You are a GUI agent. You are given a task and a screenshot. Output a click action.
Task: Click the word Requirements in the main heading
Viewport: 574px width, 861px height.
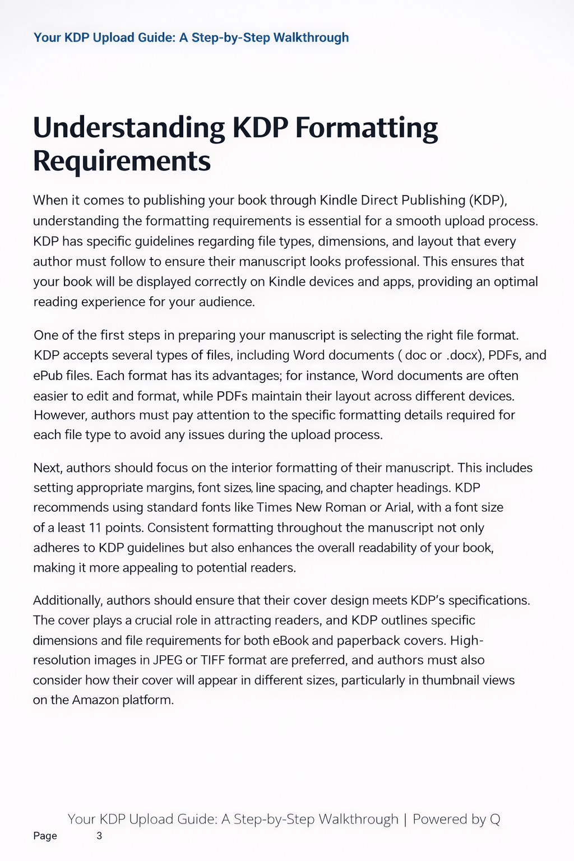122,161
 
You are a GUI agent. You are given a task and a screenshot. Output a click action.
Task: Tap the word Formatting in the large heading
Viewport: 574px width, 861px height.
366,128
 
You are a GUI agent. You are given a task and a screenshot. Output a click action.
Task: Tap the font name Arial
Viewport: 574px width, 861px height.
398,508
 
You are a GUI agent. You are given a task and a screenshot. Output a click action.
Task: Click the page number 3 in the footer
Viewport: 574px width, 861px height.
99,836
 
